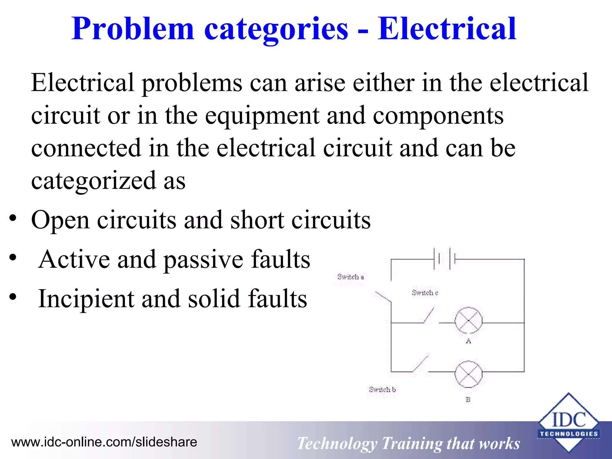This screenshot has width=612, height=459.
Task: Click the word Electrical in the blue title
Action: pos(447,29)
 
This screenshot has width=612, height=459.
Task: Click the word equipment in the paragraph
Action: pos(262,116)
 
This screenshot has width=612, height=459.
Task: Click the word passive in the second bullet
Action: pos(204,259)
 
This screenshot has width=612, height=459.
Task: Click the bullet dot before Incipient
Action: pos(13,297)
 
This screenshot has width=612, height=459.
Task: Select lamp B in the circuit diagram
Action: pos(468,374)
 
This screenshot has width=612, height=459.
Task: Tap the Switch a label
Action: pos(351,277)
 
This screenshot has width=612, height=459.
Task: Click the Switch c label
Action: pos(425,293)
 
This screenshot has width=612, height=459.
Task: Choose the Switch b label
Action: pos(382,389)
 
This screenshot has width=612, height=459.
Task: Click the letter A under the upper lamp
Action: pos(468,341)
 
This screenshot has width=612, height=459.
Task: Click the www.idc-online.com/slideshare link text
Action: pos(104,442)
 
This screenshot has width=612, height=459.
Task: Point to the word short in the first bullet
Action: pos(257,220)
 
